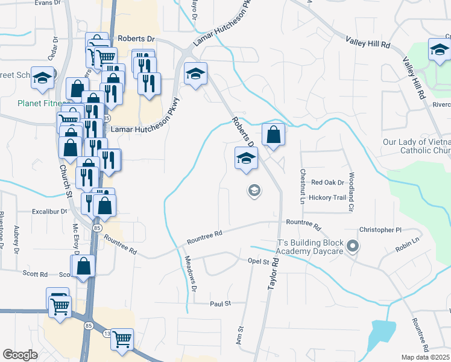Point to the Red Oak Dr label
(327, 182)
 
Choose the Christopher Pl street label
(380, 230)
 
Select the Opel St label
(258, 261)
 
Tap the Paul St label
(220, 303)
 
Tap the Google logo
(20, 355)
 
